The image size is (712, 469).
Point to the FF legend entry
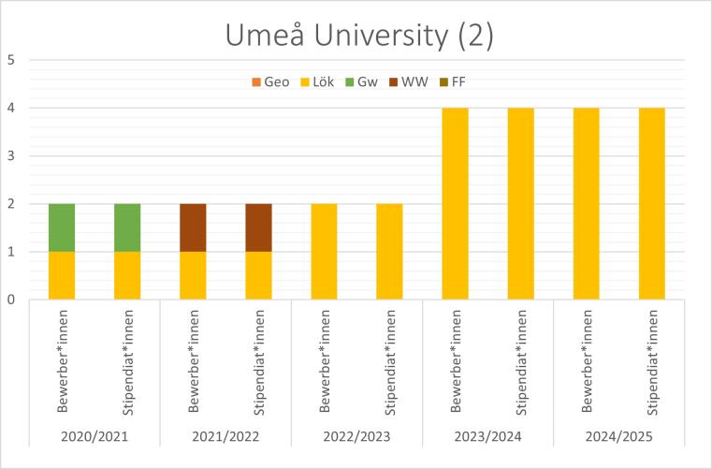[458, 81]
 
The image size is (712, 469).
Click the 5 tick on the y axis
[12, 60]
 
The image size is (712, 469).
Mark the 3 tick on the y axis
[12, 156]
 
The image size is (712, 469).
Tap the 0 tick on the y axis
[12, 300]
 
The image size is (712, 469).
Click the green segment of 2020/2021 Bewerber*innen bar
[62, 227]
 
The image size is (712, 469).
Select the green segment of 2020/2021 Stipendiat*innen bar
[127, 227]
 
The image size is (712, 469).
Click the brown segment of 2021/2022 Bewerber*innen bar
[193, 227]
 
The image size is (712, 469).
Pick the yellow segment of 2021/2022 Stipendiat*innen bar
[258, 276]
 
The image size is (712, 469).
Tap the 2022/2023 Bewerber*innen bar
[324, 252]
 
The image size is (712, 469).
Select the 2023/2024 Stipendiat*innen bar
[520, 204]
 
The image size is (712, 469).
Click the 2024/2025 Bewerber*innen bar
[586, 204]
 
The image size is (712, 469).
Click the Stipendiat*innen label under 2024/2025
[651, 360]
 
